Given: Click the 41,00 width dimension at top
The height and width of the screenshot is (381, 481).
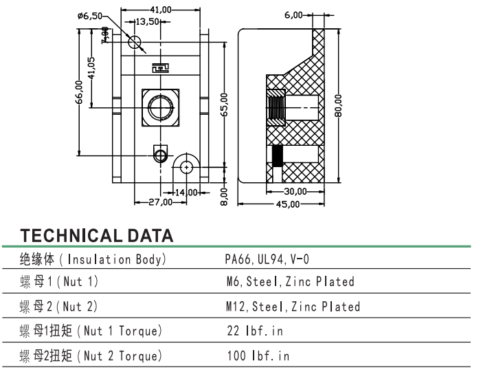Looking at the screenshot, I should pos(161,10).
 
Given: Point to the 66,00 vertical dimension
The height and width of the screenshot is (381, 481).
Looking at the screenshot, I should pos(80,92).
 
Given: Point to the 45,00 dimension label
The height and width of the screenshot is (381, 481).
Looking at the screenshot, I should pos(288,204).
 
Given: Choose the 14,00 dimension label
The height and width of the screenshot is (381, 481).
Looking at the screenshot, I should pos(185,191).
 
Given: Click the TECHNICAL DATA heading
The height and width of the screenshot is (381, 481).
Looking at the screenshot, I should pos(96,236).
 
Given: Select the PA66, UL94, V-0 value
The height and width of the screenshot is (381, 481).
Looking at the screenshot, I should pos(267,259).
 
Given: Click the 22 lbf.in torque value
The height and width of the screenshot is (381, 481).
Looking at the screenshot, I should pos(255,331).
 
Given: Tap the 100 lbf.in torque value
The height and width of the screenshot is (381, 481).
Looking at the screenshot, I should pos(258,356).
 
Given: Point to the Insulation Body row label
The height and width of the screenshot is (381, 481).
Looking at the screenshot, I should pos(93,259).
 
